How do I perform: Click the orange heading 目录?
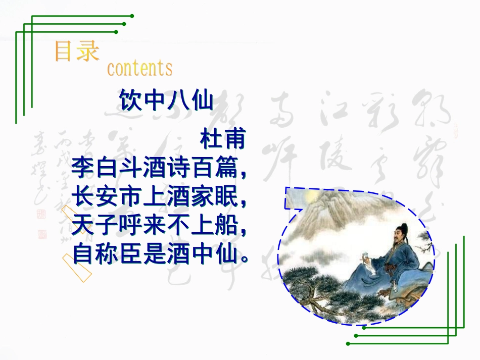click(76, 52)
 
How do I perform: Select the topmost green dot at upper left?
click(132, 16)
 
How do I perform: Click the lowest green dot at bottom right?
click(348, 343)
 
